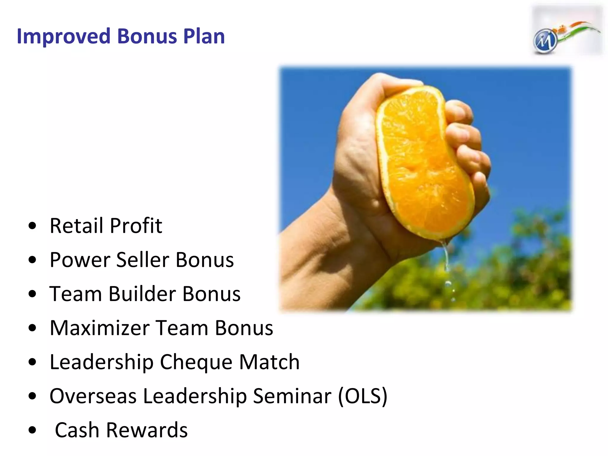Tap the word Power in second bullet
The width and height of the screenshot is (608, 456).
pyautogui.click(x=80, y=260)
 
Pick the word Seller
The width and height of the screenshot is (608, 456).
pyautogui.click(x=143, y=260)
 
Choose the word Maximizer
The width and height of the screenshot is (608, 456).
pyautogui.click(x=99, y=328)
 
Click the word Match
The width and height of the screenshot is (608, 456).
pyautogui.click(x=269, y=362)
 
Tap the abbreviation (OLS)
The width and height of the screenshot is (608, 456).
pyautogui.click(x=363, y=396)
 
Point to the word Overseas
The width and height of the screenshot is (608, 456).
pyautogui.click(x=93, y=396)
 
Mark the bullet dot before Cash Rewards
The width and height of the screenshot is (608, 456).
pyautogui.click(x=32, y=430)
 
